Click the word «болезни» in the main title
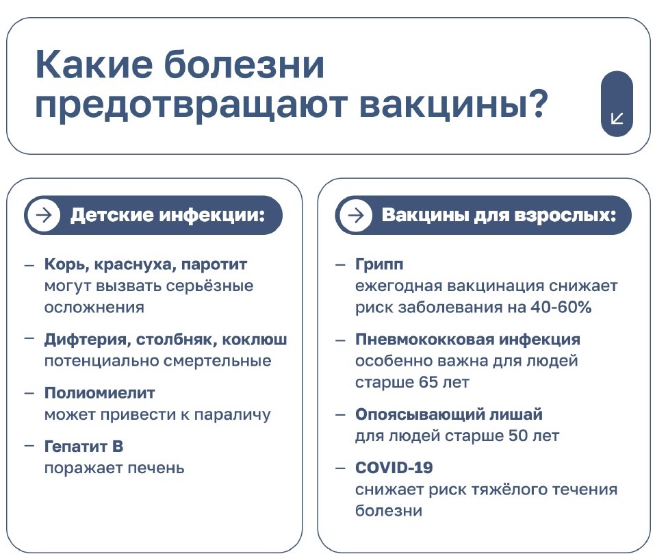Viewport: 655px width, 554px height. (x=244, y=65)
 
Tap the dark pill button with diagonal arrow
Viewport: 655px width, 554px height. (x=617, y=103)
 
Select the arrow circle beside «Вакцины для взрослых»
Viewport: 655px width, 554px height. (x=355, y=215)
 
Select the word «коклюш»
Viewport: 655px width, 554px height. (x=255, y=340)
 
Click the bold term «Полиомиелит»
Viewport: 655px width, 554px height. (x=99, y=392)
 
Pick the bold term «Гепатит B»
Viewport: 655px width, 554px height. (x=84, y=446)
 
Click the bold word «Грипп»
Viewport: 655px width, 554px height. (x=379, y=265)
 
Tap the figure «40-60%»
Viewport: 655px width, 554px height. (x=561, y=307)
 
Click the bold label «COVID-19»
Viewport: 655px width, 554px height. (x=394, y=468)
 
